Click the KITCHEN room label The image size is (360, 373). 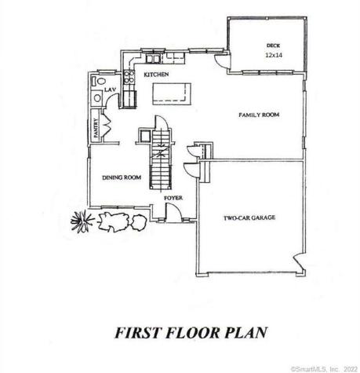[x=157, y=75]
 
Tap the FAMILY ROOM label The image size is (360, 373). [x=259, y=115]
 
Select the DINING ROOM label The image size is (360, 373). [x=122, y=177]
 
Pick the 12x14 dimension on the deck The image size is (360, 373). [x=272, y=56]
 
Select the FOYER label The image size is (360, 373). [x=173, y=198]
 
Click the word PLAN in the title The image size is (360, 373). [x=244, y=332]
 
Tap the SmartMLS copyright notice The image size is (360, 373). [x=323, y=368]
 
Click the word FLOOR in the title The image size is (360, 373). [x=193, y=332]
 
